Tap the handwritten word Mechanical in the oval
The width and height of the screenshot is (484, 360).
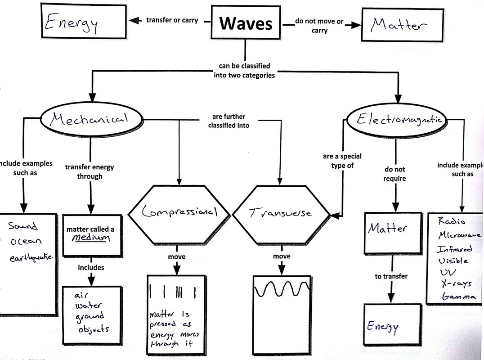coord(89,119)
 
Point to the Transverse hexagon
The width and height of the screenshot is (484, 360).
coord(280,212)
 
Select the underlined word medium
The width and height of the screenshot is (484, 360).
coord(91,238)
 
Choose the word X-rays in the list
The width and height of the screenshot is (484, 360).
coord(455,283)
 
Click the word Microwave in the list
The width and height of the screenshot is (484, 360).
coord(459,235)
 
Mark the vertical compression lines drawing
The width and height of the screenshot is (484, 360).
coord(174,293)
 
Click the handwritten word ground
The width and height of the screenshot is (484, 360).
coord(90,316)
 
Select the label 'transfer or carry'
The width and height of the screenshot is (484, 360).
coord(172,21)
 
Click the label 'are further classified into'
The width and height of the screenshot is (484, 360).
coord(228,121)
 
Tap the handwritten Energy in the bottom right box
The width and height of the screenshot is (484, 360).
coord(383,326)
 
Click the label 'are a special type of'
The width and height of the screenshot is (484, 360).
coord(342,161)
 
